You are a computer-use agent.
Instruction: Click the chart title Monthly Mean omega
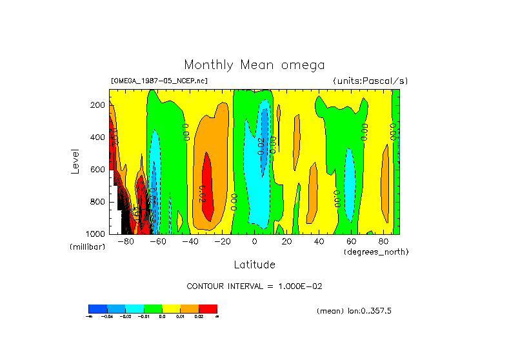click(x=254, y=65)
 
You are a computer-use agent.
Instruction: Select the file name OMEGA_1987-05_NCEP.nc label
click(x=159, y=81)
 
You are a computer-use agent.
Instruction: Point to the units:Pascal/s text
click(x=370, y=81)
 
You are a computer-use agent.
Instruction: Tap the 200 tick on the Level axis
click(x=99, y=105)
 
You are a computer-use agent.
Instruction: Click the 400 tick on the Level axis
click(x=99, y=137)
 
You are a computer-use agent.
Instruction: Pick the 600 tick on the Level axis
click(x=99, y=170)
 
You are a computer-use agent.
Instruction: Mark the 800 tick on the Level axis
click(x=99, y=202)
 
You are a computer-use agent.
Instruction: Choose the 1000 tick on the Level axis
click(x=97, y=234)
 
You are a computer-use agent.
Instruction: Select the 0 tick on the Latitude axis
click(x=254, y=242)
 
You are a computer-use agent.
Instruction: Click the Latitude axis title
click(x=254, y=265)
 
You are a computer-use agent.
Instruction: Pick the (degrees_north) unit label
click(x=375, y=252)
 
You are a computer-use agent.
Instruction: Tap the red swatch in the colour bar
click(x=208, y=308)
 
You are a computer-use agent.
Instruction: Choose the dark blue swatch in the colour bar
click(x=97, y=308)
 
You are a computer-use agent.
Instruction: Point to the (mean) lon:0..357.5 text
click(x=354, y=311)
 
